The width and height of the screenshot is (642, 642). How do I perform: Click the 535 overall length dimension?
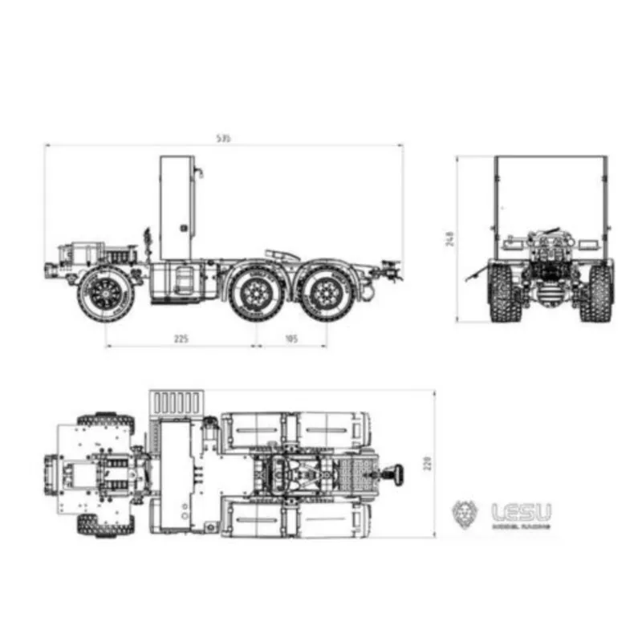click(223, 139)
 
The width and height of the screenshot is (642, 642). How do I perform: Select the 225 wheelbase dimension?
click(181, 339)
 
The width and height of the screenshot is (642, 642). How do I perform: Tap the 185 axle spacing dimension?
click(291, 339)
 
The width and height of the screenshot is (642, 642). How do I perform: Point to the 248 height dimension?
click(450, 238)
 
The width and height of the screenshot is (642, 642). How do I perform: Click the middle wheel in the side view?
click(254, 293)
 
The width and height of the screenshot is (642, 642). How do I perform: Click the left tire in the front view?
click(500, 293)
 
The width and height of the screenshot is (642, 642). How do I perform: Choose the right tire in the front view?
click(599, 293)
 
